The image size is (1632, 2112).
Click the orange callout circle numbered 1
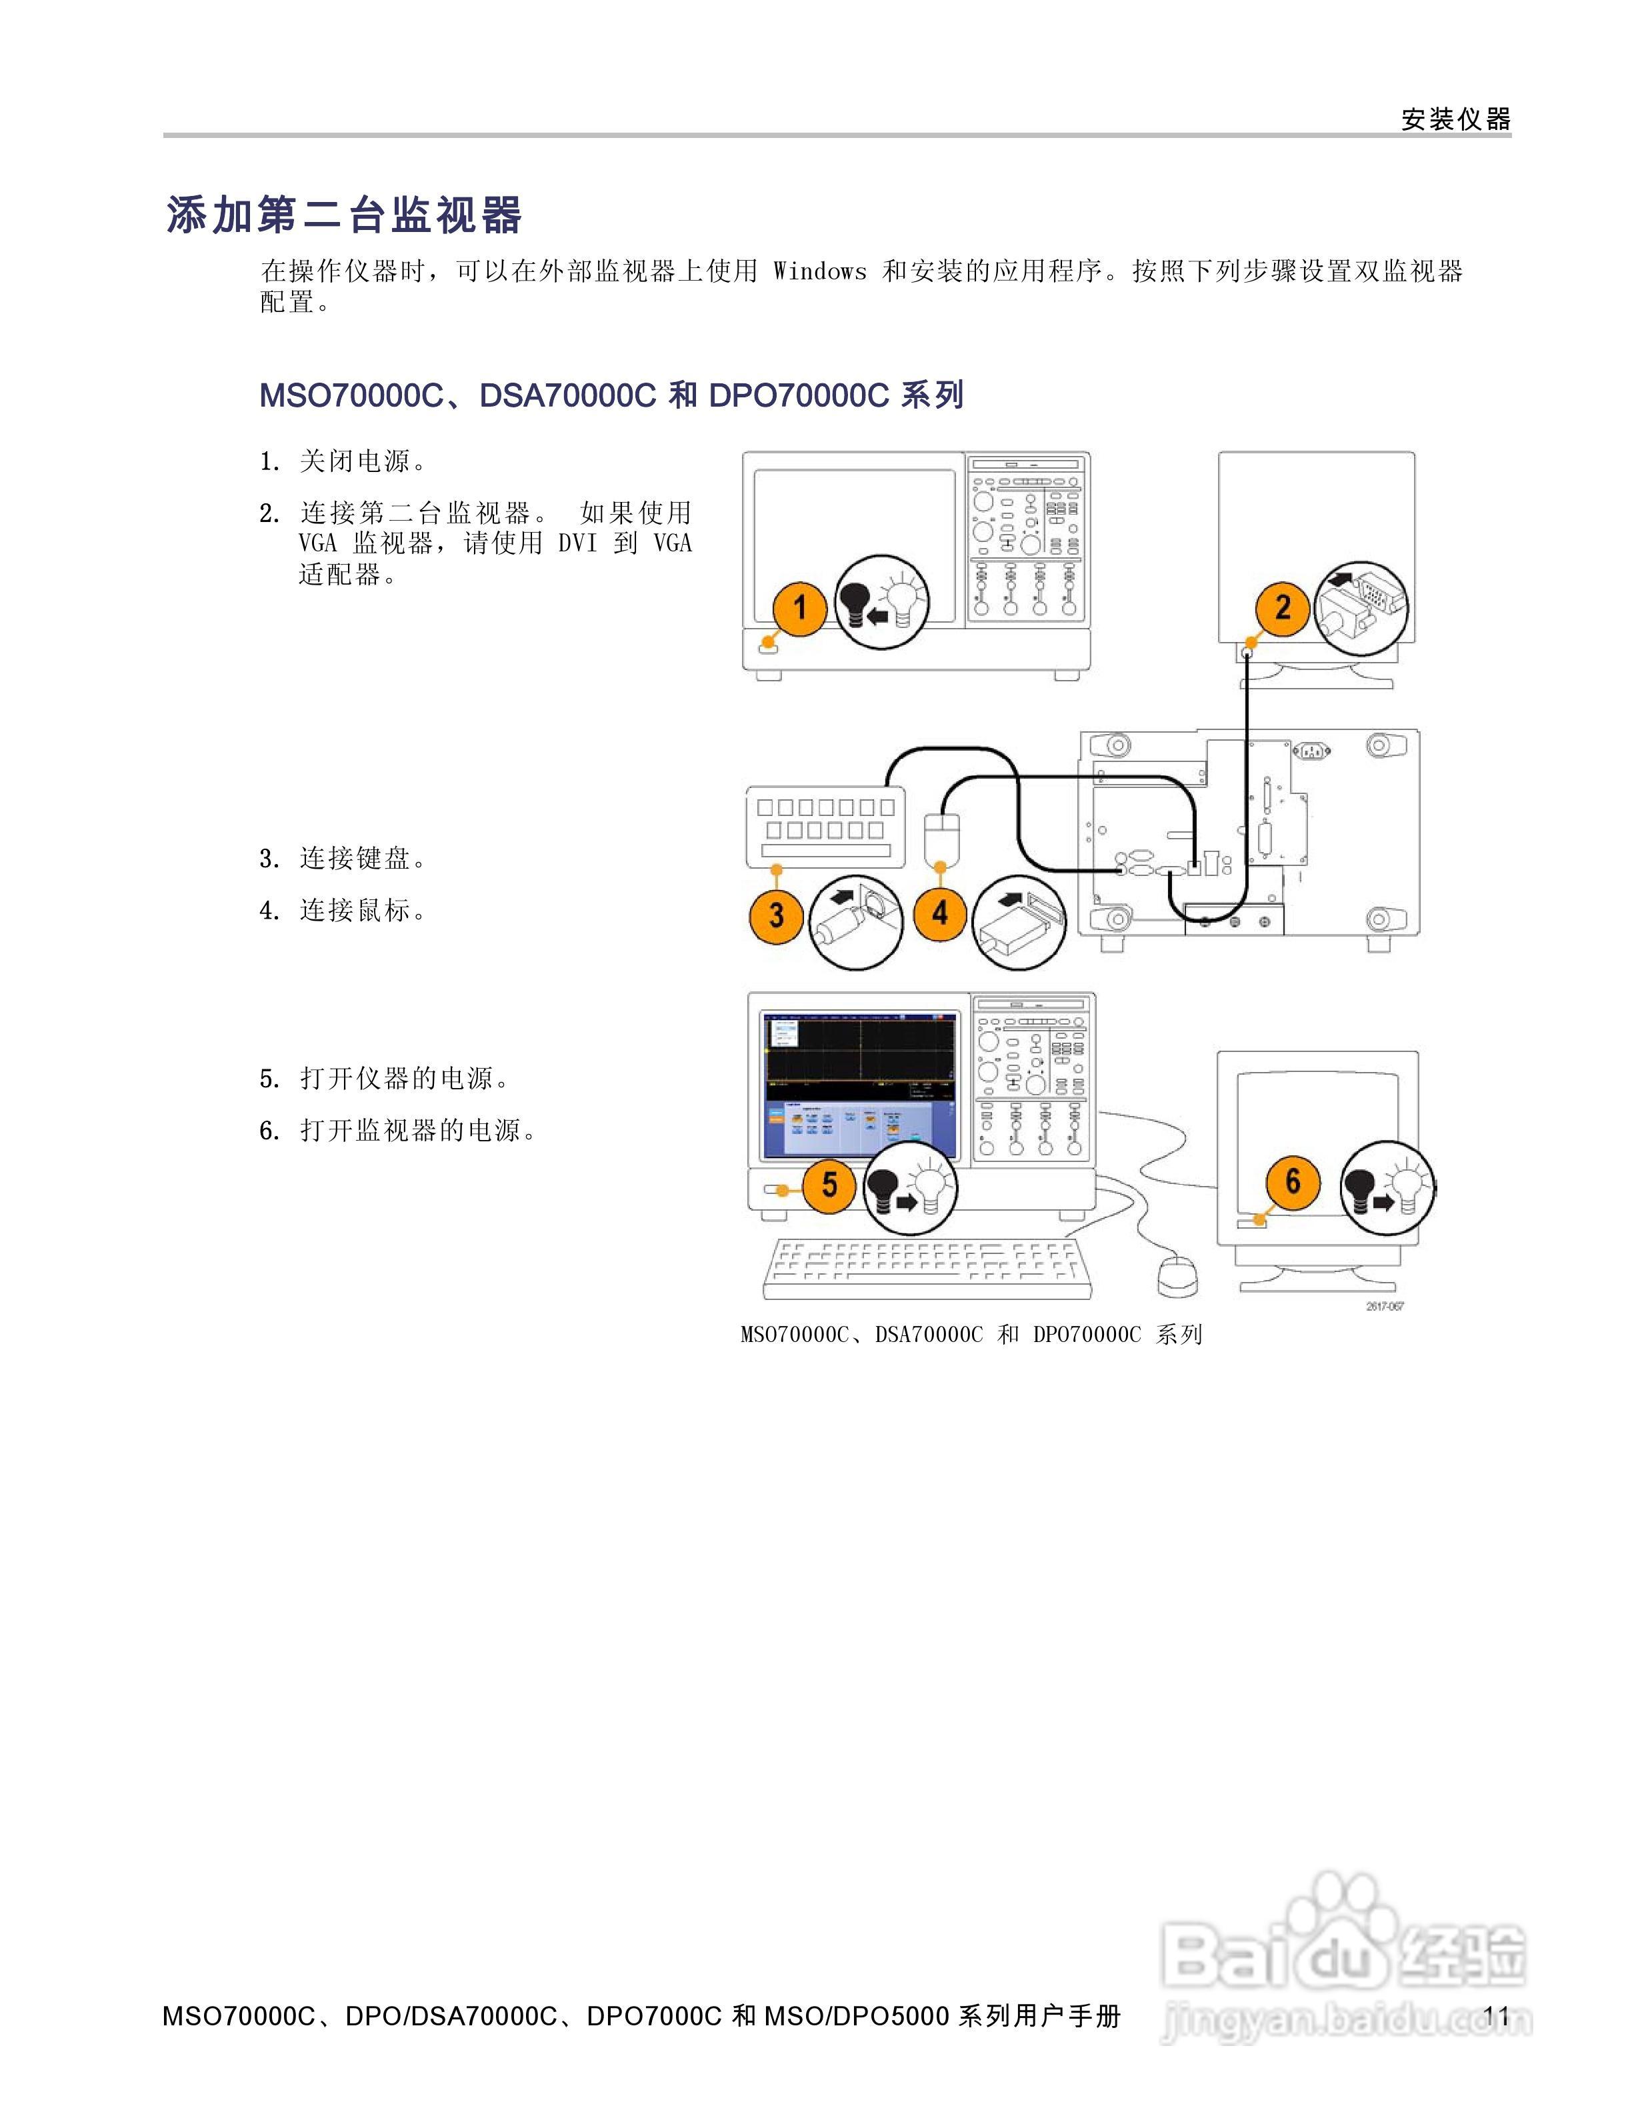pos(799,608)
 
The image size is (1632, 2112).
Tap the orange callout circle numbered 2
pos(1283,607)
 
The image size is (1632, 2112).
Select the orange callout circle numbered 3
pos(777,915)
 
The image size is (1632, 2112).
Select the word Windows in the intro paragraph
pos(820,272)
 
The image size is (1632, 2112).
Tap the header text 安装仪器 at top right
pos(1456,119)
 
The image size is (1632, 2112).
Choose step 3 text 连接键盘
pos(363,858)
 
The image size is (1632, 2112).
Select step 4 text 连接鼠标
pos(363,910)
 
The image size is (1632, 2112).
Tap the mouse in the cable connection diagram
pos(943,839)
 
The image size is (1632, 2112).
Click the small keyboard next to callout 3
pos(825,827)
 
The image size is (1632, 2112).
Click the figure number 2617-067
pos(1385,1307)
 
